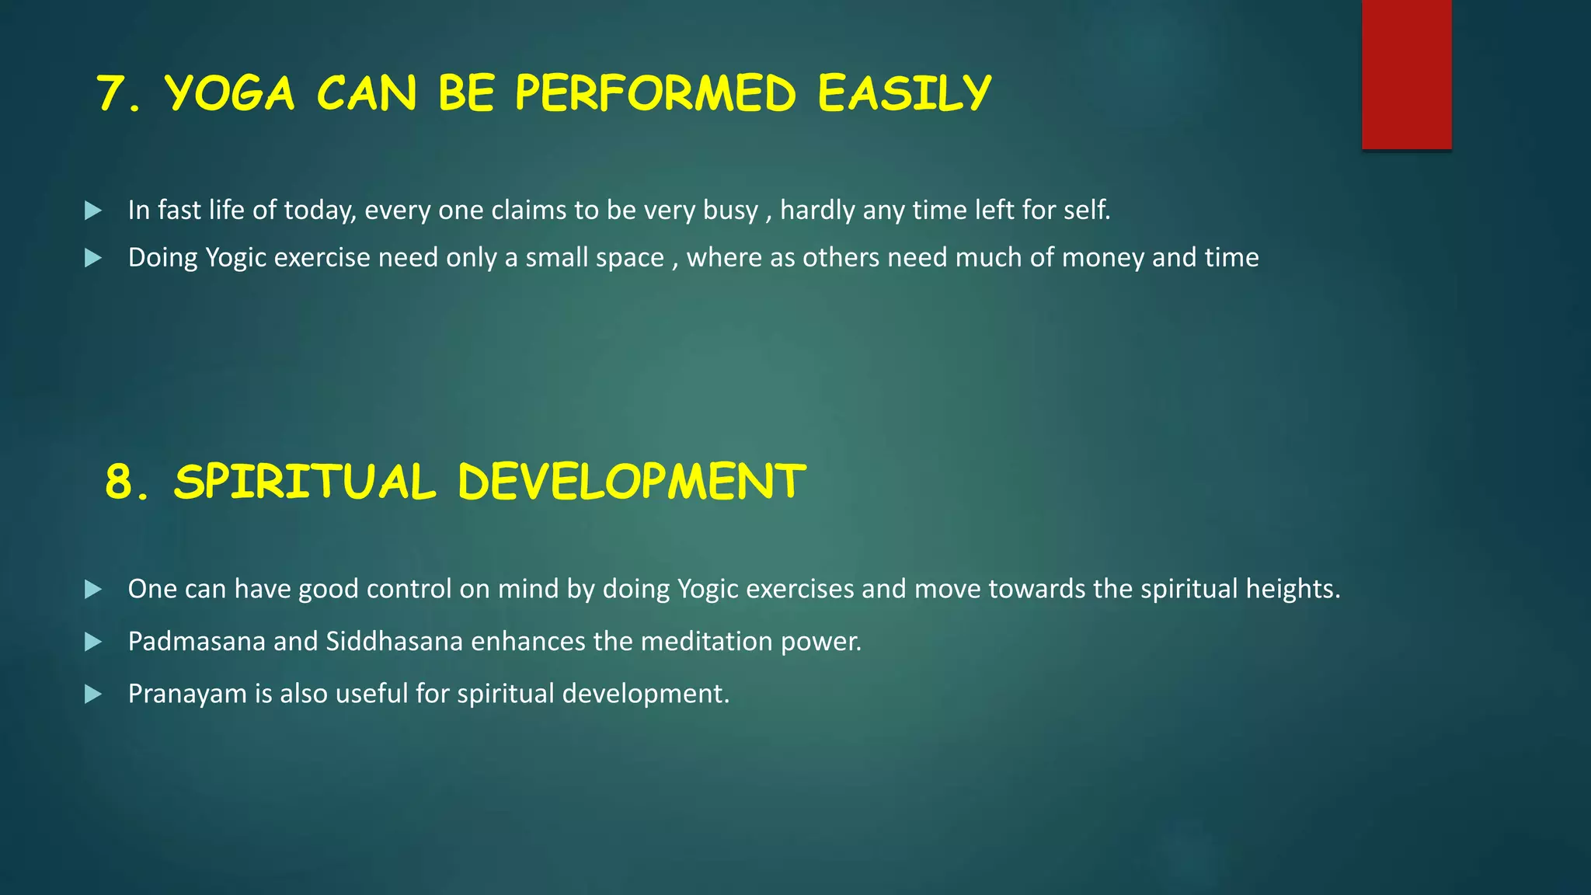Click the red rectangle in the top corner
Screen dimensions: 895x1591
(x=1406, y=75)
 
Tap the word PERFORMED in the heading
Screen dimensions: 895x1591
(x=655, y=94)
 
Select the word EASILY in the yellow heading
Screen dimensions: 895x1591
(x=904, y=94)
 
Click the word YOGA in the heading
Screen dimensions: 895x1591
(x=230, y=94)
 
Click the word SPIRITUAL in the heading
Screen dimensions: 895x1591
(x=305, y=482)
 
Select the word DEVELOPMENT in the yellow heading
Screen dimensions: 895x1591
(x=632, y=482)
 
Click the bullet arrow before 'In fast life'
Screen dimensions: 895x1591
(x=93, y=211)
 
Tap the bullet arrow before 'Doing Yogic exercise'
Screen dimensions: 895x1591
(x=93, y=258)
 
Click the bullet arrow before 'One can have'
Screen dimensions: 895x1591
(x=93, y=590)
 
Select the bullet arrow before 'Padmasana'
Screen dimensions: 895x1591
(x=93, y=642)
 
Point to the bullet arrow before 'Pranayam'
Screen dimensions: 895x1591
(x=93, y=694)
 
